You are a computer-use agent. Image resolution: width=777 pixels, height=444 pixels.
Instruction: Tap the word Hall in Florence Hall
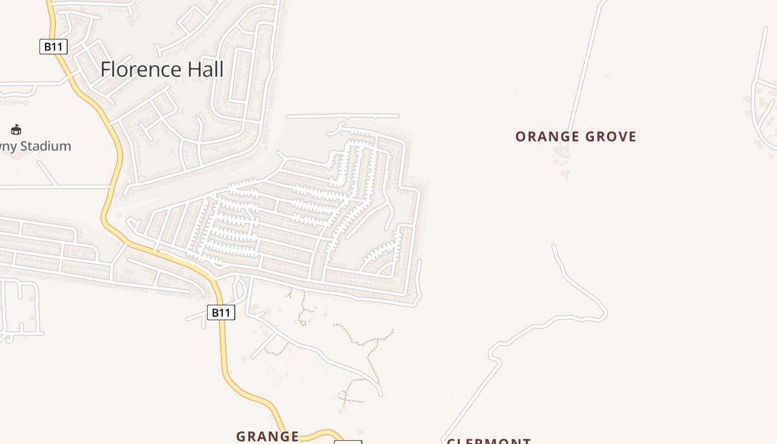pyautogui.click(x=205, y=69)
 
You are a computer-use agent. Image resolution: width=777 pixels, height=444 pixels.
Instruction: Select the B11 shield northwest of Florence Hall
pyautogui.click(x=53, y=47)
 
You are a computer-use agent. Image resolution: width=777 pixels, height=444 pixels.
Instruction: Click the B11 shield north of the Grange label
pyautogui.click(x=221, y=312)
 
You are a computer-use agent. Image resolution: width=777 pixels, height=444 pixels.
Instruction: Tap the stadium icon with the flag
pyautogui.click(x=16, y=130)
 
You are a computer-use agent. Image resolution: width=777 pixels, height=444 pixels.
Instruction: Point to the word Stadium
pyautogui.click(x=44, y=147)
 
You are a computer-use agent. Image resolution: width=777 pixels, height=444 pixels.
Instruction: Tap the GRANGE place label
pyautogui.click(x=268, y=436)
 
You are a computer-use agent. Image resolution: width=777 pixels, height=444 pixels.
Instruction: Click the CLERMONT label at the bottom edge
pyautogui.click(x=489, y=441)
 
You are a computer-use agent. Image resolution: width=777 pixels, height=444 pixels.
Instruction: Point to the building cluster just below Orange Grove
pyautogui.click(x=561, y=155)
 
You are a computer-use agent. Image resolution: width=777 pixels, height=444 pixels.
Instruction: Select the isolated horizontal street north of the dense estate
pyautogui.click(x=342, y=116)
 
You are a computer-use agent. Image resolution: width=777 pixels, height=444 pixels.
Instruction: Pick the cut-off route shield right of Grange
pyautogui.click(x=348, y=442)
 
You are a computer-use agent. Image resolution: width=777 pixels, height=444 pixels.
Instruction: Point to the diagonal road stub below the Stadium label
pyautogui.click(x=48, y=173)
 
